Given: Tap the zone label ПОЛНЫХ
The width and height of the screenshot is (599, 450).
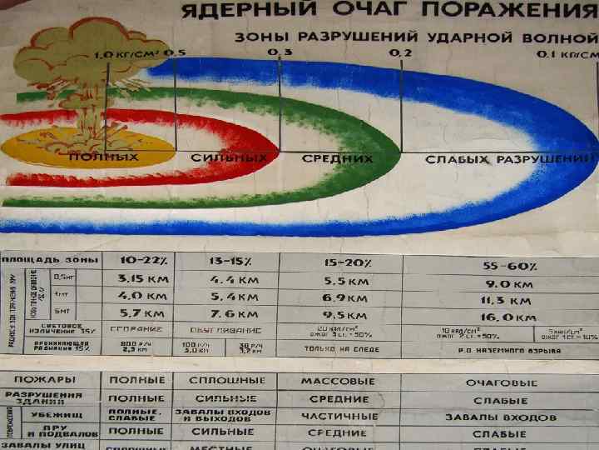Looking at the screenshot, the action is pyautogui.click(x=103, y=157).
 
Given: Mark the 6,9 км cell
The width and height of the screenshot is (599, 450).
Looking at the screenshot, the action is pyautogui.click(x=344, y=297).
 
